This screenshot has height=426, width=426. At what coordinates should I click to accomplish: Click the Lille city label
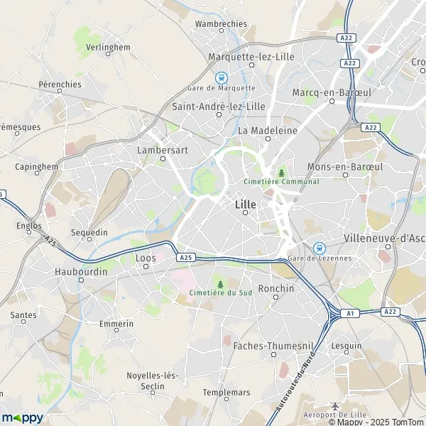click(244, 204)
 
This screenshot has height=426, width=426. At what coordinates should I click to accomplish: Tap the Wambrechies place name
click(221, 23)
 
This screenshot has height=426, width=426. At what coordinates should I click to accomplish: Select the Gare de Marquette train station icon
click(222, 77)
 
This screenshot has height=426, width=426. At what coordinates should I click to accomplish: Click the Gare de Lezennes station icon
click(319, 247)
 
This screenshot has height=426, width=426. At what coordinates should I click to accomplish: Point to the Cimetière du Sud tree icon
click(220, 284)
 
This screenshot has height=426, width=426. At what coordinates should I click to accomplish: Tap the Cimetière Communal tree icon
click(282, 173)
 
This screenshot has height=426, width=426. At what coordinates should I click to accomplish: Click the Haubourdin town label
click(80, 271)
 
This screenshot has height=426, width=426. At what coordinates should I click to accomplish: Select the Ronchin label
click(275, 288)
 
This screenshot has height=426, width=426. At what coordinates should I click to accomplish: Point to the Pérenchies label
click(61, 84)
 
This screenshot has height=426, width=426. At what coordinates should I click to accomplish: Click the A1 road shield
click(349, 313)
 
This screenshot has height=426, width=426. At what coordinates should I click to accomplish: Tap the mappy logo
click(23, 417)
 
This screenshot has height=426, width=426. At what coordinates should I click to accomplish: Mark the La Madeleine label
click(261, 130)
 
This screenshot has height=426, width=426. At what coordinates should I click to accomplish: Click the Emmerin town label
click(116, 324)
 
